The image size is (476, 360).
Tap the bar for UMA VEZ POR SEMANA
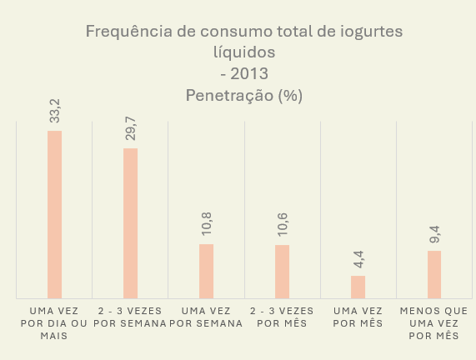click(x=206, y=271)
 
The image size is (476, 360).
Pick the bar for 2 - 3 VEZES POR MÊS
click(x=282, y=271)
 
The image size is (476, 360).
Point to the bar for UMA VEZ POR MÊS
click(x=358, y=287)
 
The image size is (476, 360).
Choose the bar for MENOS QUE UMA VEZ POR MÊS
click(x=433, y=274)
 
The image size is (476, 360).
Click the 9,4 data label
click(x=434, y=236)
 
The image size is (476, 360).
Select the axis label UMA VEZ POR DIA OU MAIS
click(x=53, y=322)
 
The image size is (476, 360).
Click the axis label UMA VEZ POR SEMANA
click(x=205, y=317)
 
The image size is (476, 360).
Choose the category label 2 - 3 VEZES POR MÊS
click(x=282, y=317)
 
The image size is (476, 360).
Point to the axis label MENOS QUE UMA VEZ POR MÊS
click(x=433, y=322)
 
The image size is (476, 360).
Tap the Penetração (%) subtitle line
click(x=243, y=95)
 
